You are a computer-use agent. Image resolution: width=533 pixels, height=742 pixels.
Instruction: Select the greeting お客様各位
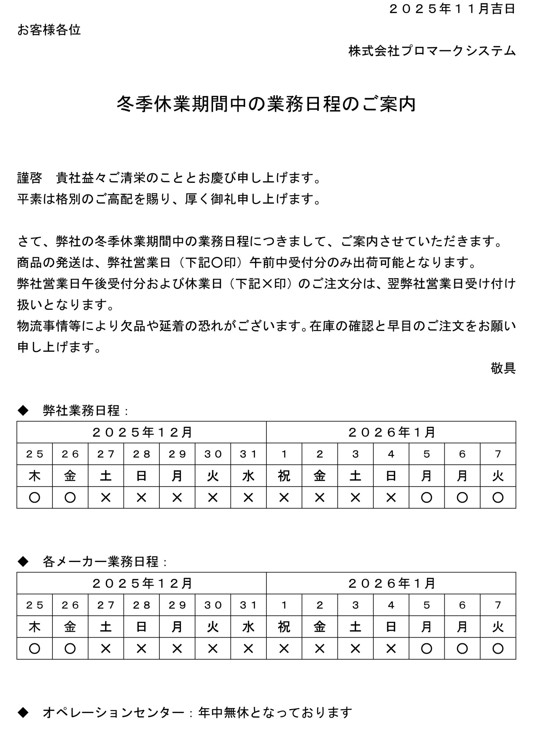pos(49,30)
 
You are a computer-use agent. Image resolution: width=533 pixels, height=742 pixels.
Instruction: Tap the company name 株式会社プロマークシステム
pos(432,51)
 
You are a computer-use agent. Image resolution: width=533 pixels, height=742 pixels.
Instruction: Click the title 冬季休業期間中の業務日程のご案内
pos(266,104)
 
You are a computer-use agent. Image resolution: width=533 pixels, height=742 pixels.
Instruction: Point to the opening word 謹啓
pos(30,178)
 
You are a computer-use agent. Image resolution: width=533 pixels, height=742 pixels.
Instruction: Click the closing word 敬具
pos(503,368)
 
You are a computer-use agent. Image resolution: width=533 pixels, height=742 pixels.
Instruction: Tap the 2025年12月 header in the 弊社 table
pos(142,432)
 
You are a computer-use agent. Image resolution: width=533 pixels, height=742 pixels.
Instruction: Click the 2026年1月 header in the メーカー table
pos(391,583)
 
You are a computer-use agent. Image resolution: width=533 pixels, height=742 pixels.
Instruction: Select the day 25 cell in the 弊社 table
pos(35,454)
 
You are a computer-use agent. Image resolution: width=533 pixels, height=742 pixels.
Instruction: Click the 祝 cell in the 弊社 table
pos(284,476)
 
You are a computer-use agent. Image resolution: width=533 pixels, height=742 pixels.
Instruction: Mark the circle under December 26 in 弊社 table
pos(70,498)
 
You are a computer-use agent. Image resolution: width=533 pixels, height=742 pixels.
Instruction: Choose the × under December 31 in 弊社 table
pos(248,498)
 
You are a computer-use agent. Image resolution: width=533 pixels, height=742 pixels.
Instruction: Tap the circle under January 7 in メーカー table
pos(498,648)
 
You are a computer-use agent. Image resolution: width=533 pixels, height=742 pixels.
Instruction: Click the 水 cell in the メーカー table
pos(248,627)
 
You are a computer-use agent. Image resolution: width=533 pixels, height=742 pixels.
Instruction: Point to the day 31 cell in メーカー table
pos(248,605)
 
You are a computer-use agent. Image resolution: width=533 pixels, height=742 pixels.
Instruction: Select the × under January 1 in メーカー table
pos(284,648)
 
